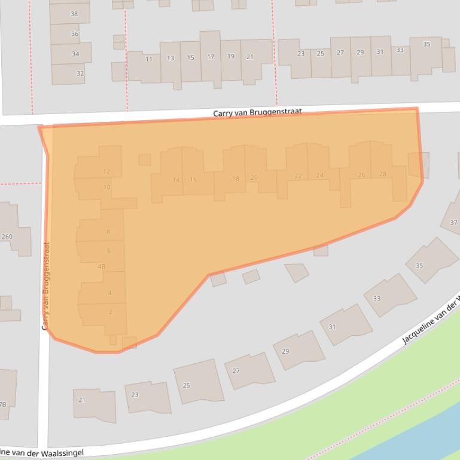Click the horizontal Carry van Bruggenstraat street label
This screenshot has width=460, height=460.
click(x=257, y=112)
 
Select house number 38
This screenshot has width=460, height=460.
click(x=74, y=14)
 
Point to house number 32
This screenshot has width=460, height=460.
click(x=80, y=73)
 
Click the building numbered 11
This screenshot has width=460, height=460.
click(x=148, y=59)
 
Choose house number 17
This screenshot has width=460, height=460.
click(x=211, y=57)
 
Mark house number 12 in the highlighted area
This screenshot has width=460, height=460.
click(x=106, y=171)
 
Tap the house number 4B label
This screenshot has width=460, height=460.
click(x=101, y=266)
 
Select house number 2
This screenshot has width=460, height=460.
click(x=110, y=312)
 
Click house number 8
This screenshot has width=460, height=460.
click(x=108, y=232)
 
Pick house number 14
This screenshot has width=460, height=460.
click(x=176, y=180)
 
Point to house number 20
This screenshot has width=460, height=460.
click(x=254, y=177)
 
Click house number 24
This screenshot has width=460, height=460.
click(x=320, y=175)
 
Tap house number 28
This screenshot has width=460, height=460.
click(x=383, y=174)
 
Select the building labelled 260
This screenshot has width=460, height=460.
click(x=7, y=237)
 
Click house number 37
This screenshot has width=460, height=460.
click(x=453, y=223)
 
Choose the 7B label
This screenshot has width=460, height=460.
click(x=2, y=404)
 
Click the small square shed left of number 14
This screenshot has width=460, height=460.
click(x=145, y=160)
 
